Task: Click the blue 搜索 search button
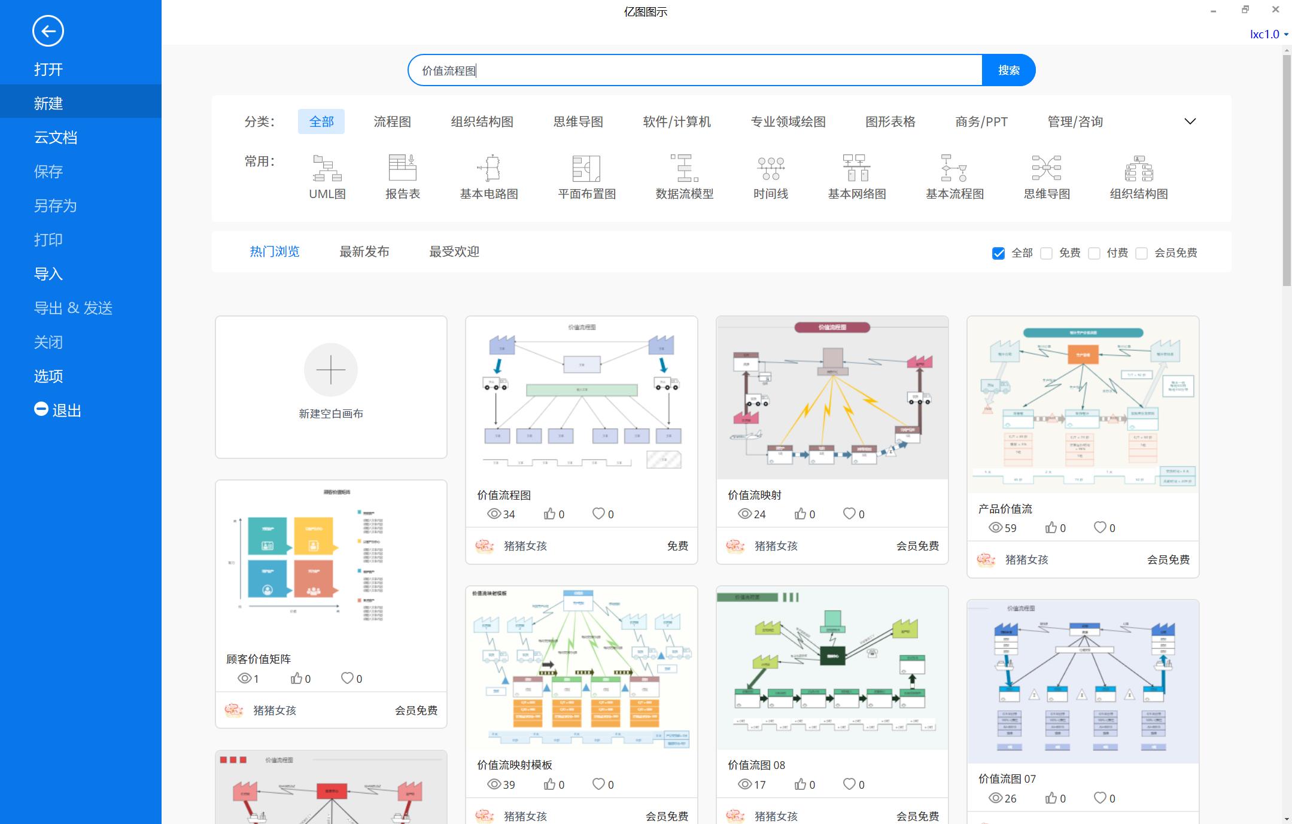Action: click(1008, 70)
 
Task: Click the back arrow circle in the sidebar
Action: click(48, 31)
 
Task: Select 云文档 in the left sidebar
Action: click(56, 138)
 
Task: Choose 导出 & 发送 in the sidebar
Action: click(73, 308)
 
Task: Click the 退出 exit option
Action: click(59, 411)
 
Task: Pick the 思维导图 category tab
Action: click(577, 122)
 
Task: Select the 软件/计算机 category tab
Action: click(676, 122)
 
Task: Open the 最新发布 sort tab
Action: click(364, 252)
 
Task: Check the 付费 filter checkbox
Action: click(1094, 253)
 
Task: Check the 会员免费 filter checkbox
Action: click(1142, 253)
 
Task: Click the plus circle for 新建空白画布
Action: click(331, 370)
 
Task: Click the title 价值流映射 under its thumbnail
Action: click(754, 495)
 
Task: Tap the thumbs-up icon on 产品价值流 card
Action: click(1051, 528)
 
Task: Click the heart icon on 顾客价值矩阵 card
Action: click(347, 679)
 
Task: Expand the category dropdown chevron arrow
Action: click(1190, 121)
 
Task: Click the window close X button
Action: click(1275, 10)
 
